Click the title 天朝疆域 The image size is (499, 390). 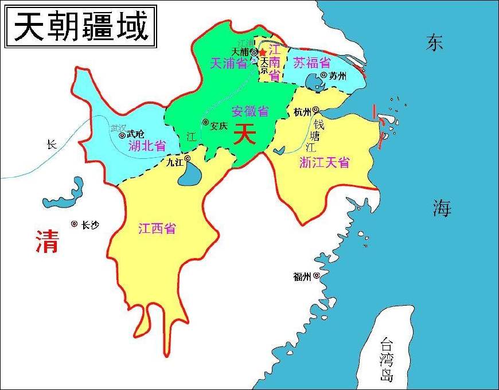coord(80,27)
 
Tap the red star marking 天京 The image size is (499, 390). coord(263,52)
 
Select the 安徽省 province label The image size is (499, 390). coord(251,111)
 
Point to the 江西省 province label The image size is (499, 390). coord(157,228)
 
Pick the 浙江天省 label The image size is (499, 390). coord(324,162)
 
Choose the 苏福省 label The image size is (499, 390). coord(311,63)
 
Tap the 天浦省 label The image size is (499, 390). coord(228,63)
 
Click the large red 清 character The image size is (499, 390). coord(47,241)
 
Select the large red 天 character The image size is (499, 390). coord(245,135)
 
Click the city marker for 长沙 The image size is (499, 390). coord(74,224)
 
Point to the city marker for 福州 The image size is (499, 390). coord(315,276)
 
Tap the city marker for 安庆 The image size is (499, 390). coord(205,122)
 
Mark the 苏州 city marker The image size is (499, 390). coord(324,75)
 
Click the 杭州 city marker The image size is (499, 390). coord(315,110)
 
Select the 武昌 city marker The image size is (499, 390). coord(122,136)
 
